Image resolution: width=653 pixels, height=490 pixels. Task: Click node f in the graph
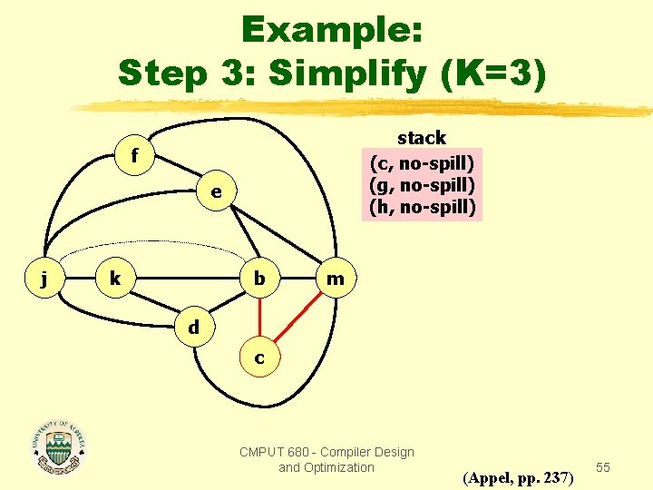tap(134, 156)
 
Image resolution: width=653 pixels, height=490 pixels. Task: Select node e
tap(216, 191)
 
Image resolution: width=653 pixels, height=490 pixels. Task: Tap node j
tap(44, 279)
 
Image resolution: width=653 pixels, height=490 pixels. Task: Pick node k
tap(114, 279)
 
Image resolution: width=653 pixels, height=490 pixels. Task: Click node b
tap(259, 279)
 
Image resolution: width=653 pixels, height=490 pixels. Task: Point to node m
tap(335, 279)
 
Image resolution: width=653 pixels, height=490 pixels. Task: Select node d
tap(193, 326)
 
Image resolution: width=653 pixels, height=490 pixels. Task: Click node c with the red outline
tap(259, 358)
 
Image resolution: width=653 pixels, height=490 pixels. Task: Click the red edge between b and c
tap(259, 318)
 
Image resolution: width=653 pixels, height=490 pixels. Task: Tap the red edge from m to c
tap(300, 317)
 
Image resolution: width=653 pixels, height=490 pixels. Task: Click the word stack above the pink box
tap(422, 138)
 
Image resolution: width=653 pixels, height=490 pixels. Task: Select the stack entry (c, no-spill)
tap(422, 163)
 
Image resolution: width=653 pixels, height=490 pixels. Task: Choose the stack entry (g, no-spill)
tap(422, 185)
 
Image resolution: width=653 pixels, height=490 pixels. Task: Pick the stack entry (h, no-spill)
tap(422, 207)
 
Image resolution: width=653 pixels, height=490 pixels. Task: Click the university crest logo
tap(58, 446)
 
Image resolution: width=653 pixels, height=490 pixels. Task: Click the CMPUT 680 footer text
tap(326, 459)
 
